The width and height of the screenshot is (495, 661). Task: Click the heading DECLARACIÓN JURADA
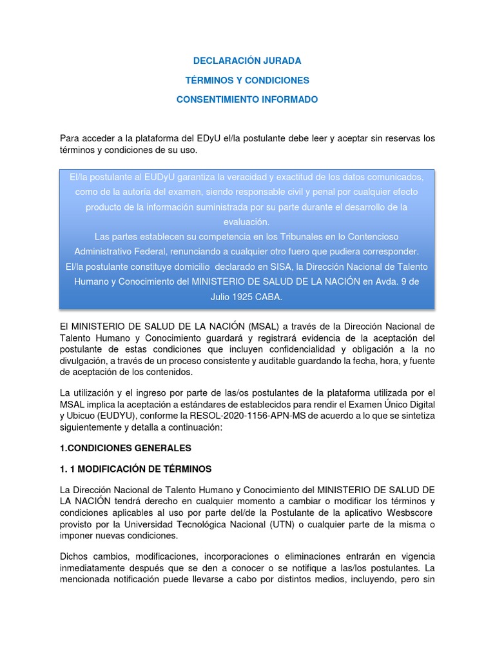[x=247, y=61]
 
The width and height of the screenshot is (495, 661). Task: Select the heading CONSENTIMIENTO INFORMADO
[x=247, y=100]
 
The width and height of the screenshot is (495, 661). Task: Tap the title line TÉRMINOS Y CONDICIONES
[x=247, y=81]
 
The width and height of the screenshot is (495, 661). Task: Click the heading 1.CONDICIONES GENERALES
[x=126, y=447]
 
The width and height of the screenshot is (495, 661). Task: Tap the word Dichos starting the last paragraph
[x=75, y=556]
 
